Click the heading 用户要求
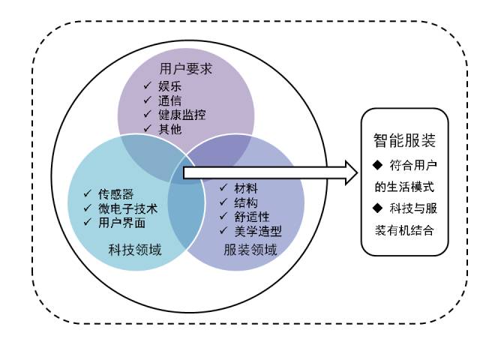point(186,70)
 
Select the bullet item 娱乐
point(170,85)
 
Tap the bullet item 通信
point(170,100)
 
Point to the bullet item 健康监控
point(182,114)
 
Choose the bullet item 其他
point(170,128)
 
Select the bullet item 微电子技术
point(127,208)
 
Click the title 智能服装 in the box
point(404,140)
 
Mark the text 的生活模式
point(404,187)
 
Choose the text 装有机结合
point(404,230)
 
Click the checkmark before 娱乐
point(148,85)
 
